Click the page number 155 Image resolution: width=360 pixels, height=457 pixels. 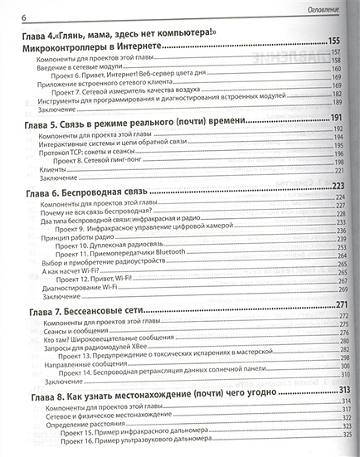point(335,41)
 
